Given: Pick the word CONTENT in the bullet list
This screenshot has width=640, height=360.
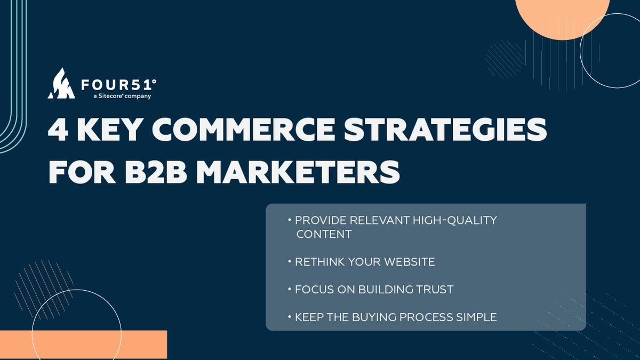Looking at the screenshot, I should [324, 234].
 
